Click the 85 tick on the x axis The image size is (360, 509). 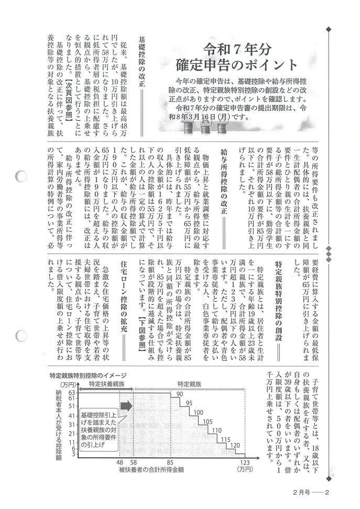click(171, 462)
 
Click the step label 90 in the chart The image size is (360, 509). click(180, 394)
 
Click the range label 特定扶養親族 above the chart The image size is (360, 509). click(107, 384)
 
